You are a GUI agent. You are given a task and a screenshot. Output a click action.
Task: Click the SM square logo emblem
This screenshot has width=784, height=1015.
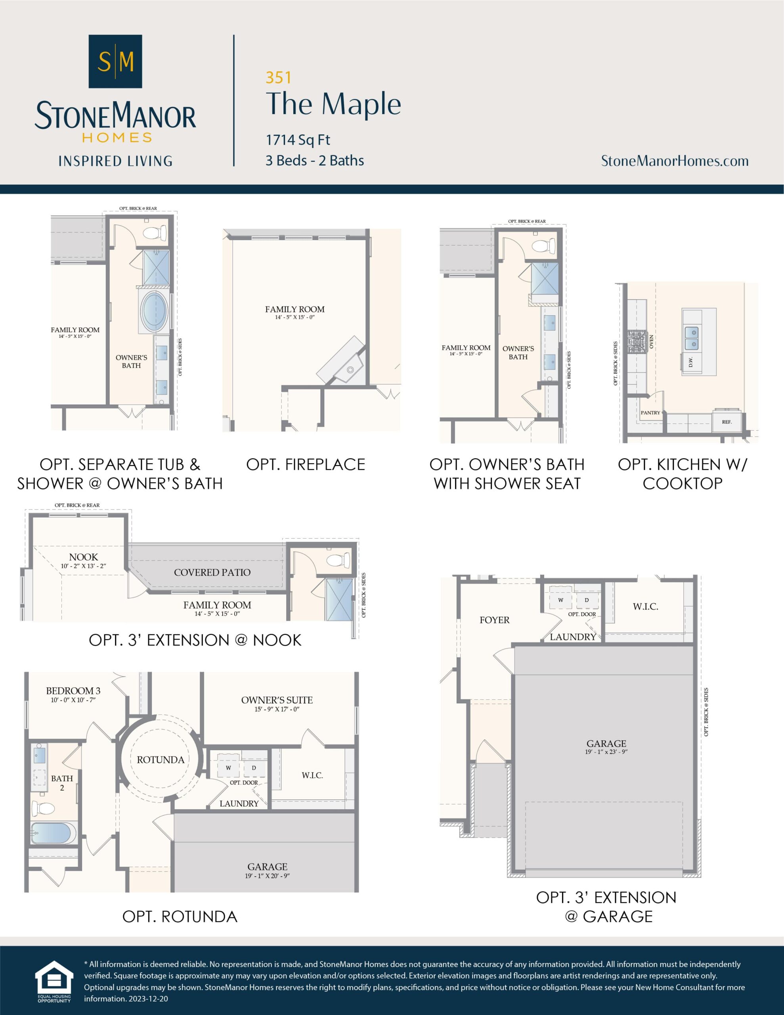tap(115, 61)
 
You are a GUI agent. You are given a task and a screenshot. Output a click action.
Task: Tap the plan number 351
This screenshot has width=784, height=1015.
tap(278, 78)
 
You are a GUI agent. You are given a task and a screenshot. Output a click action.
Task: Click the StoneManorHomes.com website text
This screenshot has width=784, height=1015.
tap(674, 161)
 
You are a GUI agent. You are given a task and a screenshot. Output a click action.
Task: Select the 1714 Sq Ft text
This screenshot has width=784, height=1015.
tap(298, 140)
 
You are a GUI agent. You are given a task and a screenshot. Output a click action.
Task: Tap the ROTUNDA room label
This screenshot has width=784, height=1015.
tap(161, 760)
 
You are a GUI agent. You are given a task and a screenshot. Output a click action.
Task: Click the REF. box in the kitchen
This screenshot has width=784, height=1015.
tap(727, 422)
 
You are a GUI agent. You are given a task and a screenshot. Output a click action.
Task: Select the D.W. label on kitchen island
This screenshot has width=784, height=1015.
tap(690, 361)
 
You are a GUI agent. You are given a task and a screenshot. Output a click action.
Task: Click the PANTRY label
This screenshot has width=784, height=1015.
tap(650, 413)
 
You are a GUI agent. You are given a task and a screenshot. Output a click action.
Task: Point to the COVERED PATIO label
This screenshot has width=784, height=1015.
tap(212, 573)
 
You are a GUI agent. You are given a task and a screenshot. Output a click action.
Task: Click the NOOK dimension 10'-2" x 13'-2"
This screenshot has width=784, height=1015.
tap(83, 566)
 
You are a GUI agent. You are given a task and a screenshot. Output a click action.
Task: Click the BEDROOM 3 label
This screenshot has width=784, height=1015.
tap(73, 691)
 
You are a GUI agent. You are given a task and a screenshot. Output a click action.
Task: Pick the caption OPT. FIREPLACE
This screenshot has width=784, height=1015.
tap(305, 464)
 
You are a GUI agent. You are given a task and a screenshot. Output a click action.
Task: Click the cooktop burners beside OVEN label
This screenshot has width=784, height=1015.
tap(637, 342)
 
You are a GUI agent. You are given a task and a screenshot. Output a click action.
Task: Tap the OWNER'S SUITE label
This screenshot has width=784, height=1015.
tap(277, 700)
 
